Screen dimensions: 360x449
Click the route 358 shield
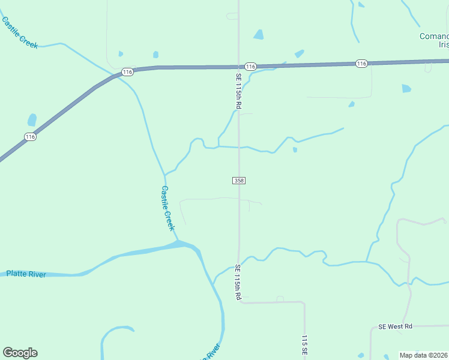(239, 180)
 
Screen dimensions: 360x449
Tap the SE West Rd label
(396, 326)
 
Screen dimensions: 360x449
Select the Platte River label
(26, 274)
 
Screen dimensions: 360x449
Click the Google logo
(20, 353)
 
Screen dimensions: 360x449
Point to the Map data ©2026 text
(424, 355)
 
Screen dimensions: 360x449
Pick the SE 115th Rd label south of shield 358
(238, 282)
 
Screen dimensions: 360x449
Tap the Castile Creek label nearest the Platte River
(167, 208)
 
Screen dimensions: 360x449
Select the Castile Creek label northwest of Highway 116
(20, 32)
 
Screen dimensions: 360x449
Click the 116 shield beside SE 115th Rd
(251, 66)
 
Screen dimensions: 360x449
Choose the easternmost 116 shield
(361, 63)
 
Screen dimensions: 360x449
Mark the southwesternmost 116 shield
(31, 137)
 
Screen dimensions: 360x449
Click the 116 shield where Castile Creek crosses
(127, 72)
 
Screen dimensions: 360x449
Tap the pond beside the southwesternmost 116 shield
(32, 120)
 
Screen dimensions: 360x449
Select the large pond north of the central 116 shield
(259, 35)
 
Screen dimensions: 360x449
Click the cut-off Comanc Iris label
(434, 40)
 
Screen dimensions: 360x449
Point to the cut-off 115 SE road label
(305, 347)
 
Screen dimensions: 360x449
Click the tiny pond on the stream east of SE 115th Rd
(295, 149)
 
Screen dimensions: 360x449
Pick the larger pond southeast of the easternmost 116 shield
(406, 88)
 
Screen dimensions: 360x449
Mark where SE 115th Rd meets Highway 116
(238, 66)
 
